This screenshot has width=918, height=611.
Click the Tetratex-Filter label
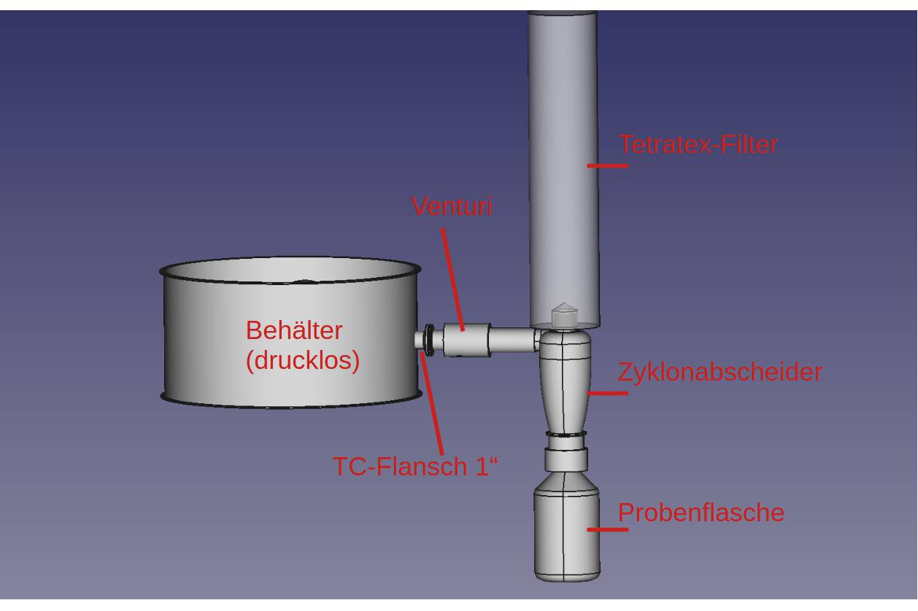(698, 144)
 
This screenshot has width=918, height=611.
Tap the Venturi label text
(452, 206)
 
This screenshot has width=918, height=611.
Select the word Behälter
(293, 330)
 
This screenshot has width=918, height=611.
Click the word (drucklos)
(302, 360)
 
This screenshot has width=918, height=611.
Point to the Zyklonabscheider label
(720, 372)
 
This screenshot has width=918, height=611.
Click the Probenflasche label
(701, 513)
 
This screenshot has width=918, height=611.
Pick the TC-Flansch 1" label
(415, 466)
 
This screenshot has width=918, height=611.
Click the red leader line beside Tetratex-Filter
(607, 166)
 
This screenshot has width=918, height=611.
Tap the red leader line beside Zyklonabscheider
(607, 393)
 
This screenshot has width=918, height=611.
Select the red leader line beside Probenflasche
(607, 529)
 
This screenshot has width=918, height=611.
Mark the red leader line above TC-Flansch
(432, 401)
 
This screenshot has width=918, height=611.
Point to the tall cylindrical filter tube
(563, 146)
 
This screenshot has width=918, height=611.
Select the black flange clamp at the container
(428, 340)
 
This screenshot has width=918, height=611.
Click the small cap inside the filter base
(563, 316)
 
